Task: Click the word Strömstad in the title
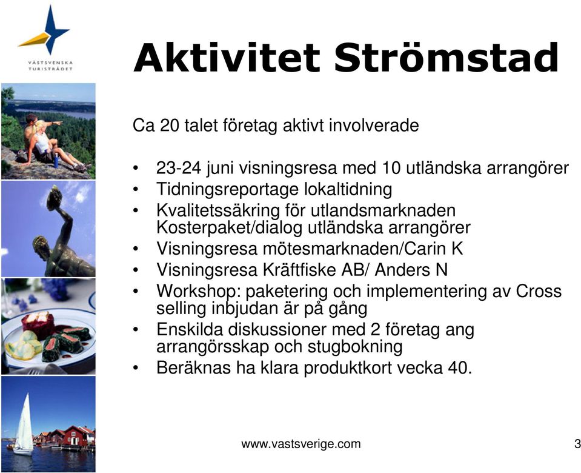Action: (446, 58)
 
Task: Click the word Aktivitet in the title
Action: (227, 58)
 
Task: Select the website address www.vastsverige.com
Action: (301, 444)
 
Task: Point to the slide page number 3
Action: (577, 444)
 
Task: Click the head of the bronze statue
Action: (41, 245)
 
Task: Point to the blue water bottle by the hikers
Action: (56, 160)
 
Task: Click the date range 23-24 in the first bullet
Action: (179, 168)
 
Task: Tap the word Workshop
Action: (199, 292)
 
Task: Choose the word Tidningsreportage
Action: (228, 190)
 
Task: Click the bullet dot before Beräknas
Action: (136, 368)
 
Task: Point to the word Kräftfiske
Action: (299, 270)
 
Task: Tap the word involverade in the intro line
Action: (373, 126)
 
